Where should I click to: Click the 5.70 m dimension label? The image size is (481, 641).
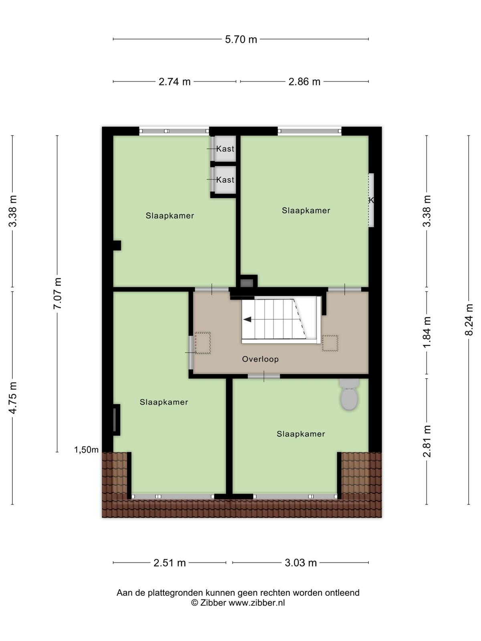(x=240, y=39)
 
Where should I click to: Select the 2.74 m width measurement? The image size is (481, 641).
(x=174, y=82)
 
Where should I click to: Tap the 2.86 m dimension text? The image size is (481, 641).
(x=304, y=82)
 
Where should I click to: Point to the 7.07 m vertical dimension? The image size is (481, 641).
(x=57, y=294)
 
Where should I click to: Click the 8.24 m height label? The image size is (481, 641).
(x=469, y=320)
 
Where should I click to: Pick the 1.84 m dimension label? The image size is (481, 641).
(x=426, y=333)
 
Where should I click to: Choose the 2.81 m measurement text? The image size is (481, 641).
(x=426, y=441)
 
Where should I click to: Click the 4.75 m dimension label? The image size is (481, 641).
(x=12, y=397)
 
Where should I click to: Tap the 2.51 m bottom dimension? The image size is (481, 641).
(x=170, y=563)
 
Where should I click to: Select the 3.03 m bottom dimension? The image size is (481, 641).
(x=301, y=563)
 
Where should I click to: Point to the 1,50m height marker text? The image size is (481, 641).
(x=86, y=450)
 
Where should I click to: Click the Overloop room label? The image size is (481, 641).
(x=260, y=359)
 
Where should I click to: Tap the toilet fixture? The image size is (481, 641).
(x=349, y=395)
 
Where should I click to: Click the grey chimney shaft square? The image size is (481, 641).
(x=247, y=283)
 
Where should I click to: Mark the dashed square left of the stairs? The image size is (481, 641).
(x=203, y=343)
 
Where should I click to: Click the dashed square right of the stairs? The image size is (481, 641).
(x=330, y=343)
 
